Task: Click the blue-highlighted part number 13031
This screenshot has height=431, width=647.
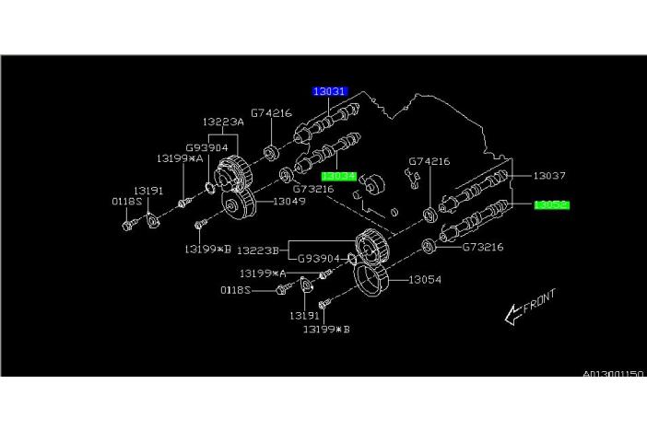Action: (328, 91)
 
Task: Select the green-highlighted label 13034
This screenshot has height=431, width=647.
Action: (338, 173)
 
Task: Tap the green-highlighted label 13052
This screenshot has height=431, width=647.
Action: (551, 204)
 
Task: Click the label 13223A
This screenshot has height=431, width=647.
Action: (223, 121)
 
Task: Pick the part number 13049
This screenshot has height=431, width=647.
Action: (287, 203)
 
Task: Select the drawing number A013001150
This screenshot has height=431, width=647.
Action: (613, 375)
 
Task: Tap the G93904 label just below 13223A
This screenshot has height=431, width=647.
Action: (206, 146)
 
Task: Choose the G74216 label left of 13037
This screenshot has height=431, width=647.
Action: (429, 162)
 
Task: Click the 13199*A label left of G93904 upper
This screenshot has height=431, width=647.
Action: (179, 158)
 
